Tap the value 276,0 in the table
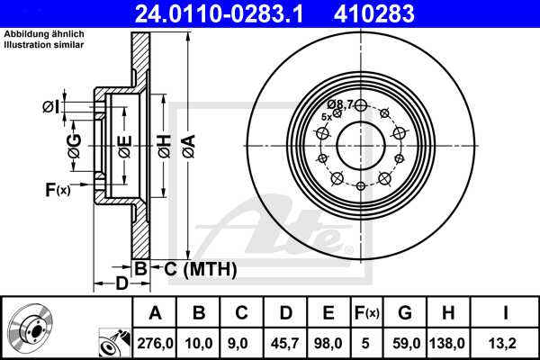click(155, 342)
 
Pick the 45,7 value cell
click(285, 342)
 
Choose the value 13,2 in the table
click(508, 342)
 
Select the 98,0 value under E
click(328, 342)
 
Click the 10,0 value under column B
click(199, 342)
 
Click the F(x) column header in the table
click(367, 313)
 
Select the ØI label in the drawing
click(50, 107)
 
